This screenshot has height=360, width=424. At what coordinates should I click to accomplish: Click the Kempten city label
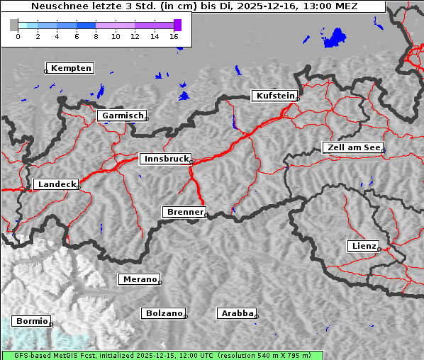(x=72, y=68)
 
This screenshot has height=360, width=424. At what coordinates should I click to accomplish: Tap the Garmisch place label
(x=123, y=116)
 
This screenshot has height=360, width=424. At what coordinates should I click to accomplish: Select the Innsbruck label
(x=166, y=159)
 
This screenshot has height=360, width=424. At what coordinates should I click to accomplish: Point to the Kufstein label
(x=275, y=96)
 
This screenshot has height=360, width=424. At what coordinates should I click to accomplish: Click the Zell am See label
(x=354, y=147)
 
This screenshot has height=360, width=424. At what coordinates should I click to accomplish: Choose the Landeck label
(x=56, y=184)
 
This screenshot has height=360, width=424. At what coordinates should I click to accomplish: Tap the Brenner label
(x=184, y=212)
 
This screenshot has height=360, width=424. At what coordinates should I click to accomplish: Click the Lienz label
(x=364, y=246)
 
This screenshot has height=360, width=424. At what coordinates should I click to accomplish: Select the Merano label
(x=139, y=279)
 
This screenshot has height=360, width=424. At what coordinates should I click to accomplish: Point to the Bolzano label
(x=164, y=313)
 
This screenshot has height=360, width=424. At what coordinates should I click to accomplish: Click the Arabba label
(x=237, y=313)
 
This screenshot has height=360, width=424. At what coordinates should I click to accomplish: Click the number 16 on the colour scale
(x=174, y=36)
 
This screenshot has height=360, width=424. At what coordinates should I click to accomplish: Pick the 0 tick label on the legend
(x=18, y=36)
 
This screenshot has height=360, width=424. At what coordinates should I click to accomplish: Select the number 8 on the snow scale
(x=96, y=36)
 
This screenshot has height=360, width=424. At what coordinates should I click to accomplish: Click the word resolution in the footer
(x=245, y=355)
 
